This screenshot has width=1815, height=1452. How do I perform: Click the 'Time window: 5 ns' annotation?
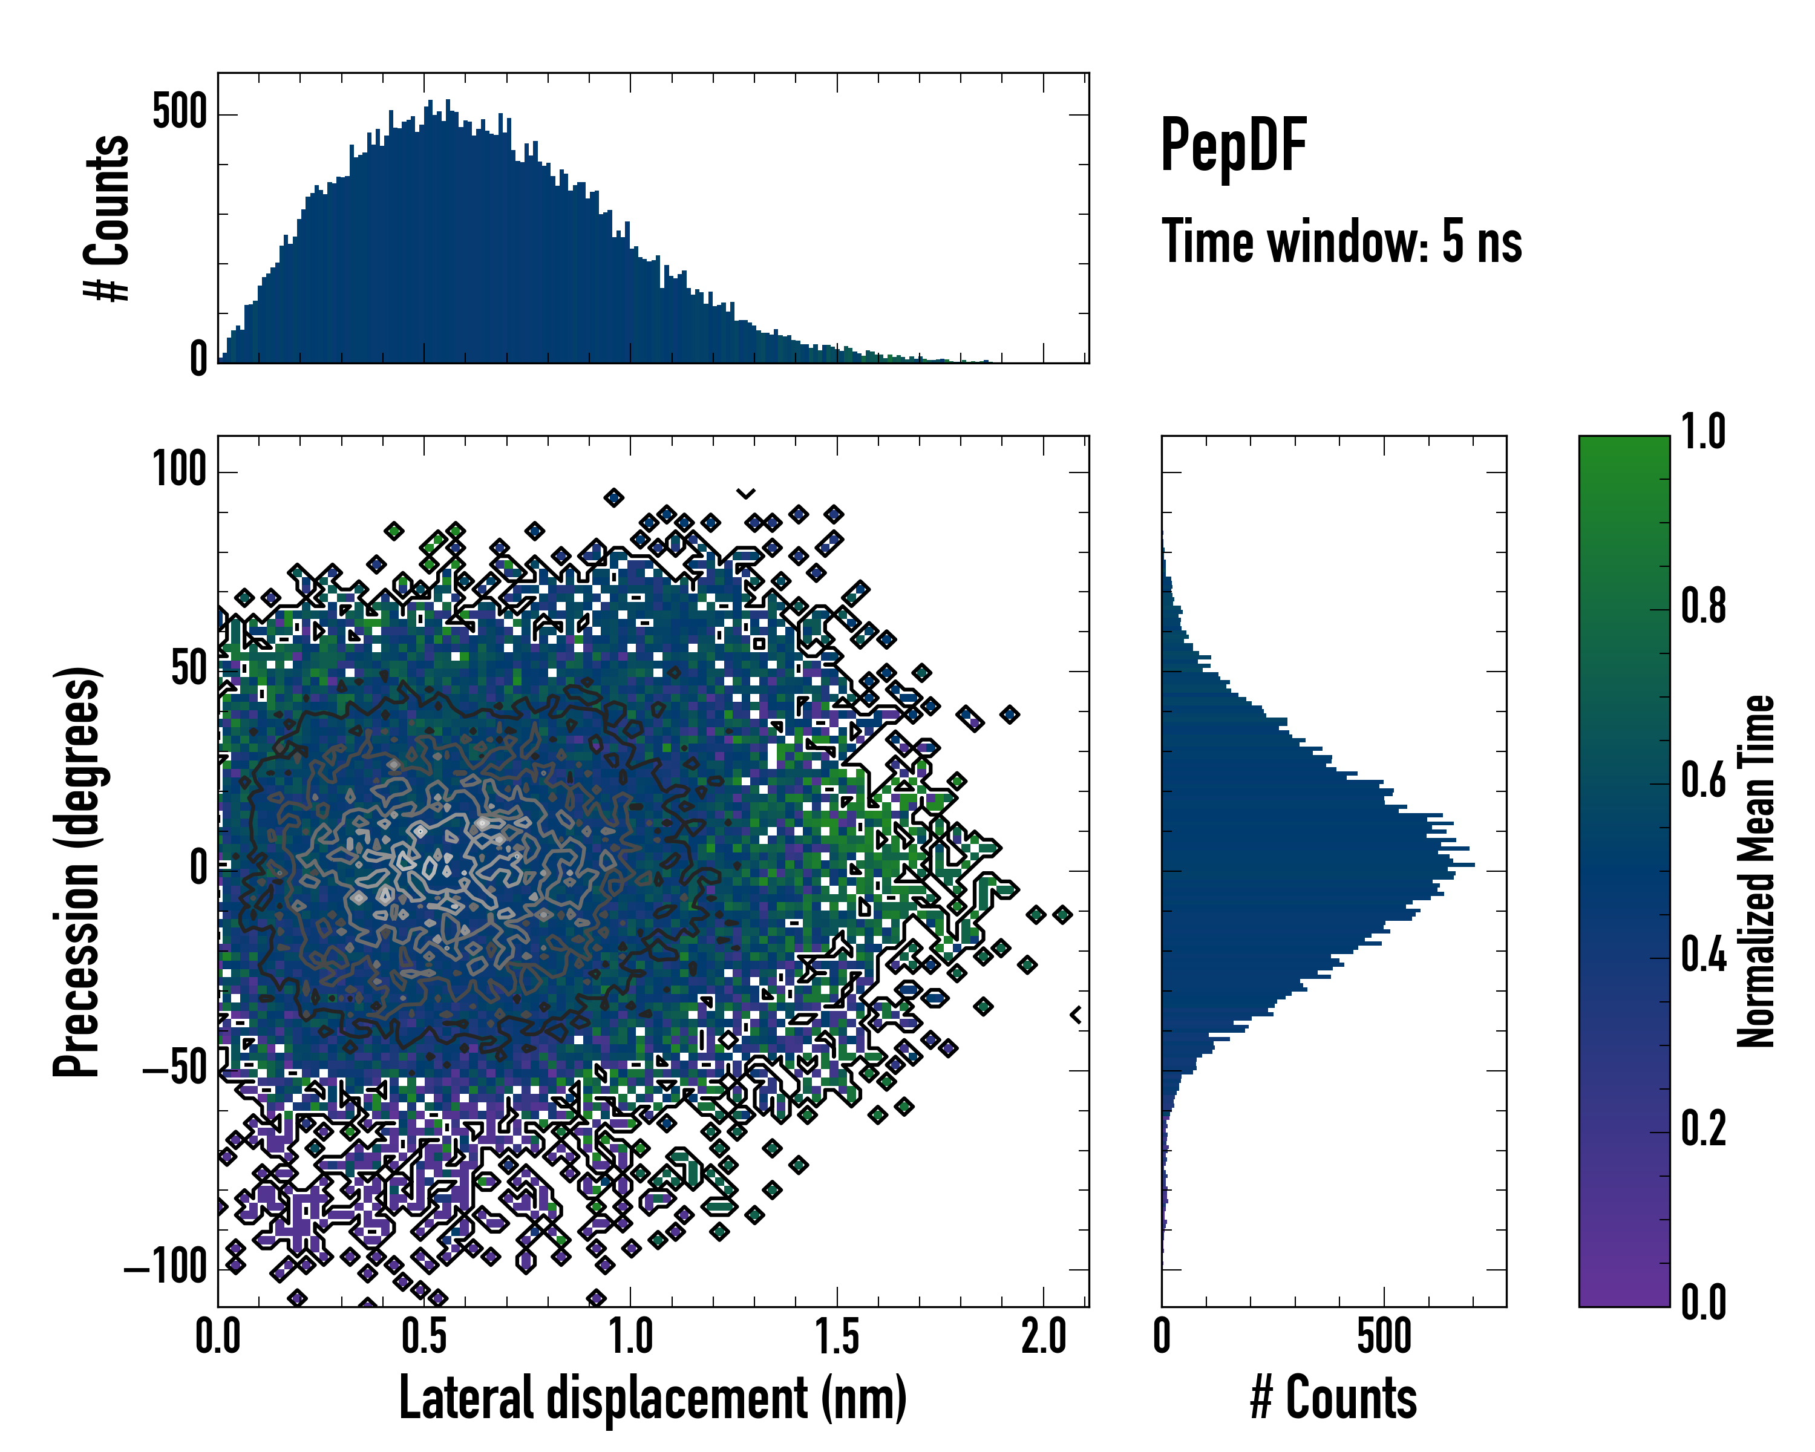tap(1342, 241)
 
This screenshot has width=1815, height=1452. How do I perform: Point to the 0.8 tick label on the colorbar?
tap(1703, 606)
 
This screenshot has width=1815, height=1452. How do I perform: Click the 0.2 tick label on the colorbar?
tap(1703, 1129)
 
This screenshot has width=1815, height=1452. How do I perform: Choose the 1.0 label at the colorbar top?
tap(1703, 433)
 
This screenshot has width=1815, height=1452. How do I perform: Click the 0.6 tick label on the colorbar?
tap(1703, 780)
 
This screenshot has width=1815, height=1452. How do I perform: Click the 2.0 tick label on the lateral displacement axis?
tap(1044, 1336)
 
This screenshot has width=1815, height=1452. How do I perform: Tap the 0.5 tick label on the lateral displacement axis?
tap(424, 1336)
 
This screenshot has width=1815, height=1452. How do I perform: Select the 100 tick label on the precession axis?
tap(179, 469)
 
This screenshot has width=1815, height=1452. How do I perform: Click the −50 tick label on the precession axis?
tap(174, 1070)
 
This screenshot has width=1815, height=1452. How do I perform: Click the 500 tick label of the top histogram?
tap(179, 112)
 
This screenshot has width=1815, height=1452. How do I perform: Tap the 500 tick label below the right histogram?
tap(1384, 1336)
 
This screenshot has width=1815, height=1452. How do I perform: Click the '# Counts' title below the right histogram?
tap(1333, 1398)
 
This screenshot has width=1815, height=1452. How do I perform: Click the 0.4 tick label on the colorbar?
tap(1703, 955)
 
